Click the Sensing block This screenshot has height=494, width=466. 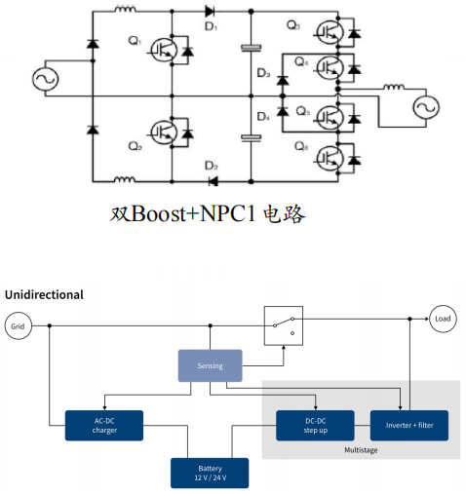(210, 365)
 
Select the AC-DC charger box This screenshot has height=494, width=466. (104, 426)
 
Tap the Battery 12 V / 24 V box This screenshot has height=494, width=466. (210, 473)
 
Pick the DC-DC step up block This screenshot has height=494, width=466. (315, 426)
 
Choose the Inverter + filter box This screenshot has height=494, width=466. (409, 426)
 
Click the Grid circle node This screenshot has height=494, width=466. (19, 325)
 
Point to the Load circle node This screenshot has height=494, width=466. (443, 319)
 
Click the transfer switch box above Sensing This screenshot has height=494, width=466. (284, 325)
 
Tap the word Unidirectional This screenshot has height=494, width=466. (44, 294)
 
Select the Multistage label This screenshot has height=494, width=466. (361, 450)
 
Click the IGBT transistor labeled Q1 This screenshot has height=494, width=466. (164, 51)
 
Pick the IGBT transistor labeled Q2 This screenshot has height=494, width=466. (164, 133)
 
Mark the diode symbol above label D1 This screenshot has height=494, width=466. (210, 12)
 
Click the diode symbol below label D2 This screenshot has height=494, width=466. (214, 181)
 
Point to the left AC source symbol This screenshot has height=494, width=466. (46, 79)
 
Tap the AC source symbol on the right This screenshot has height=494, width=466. (426, 107)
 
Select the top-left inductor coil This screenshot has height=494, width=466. (125, 9)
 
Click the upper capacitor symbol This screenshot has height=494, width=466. (251, 48)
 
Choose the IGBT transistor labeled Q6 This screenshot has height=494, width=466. (330, 158)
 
